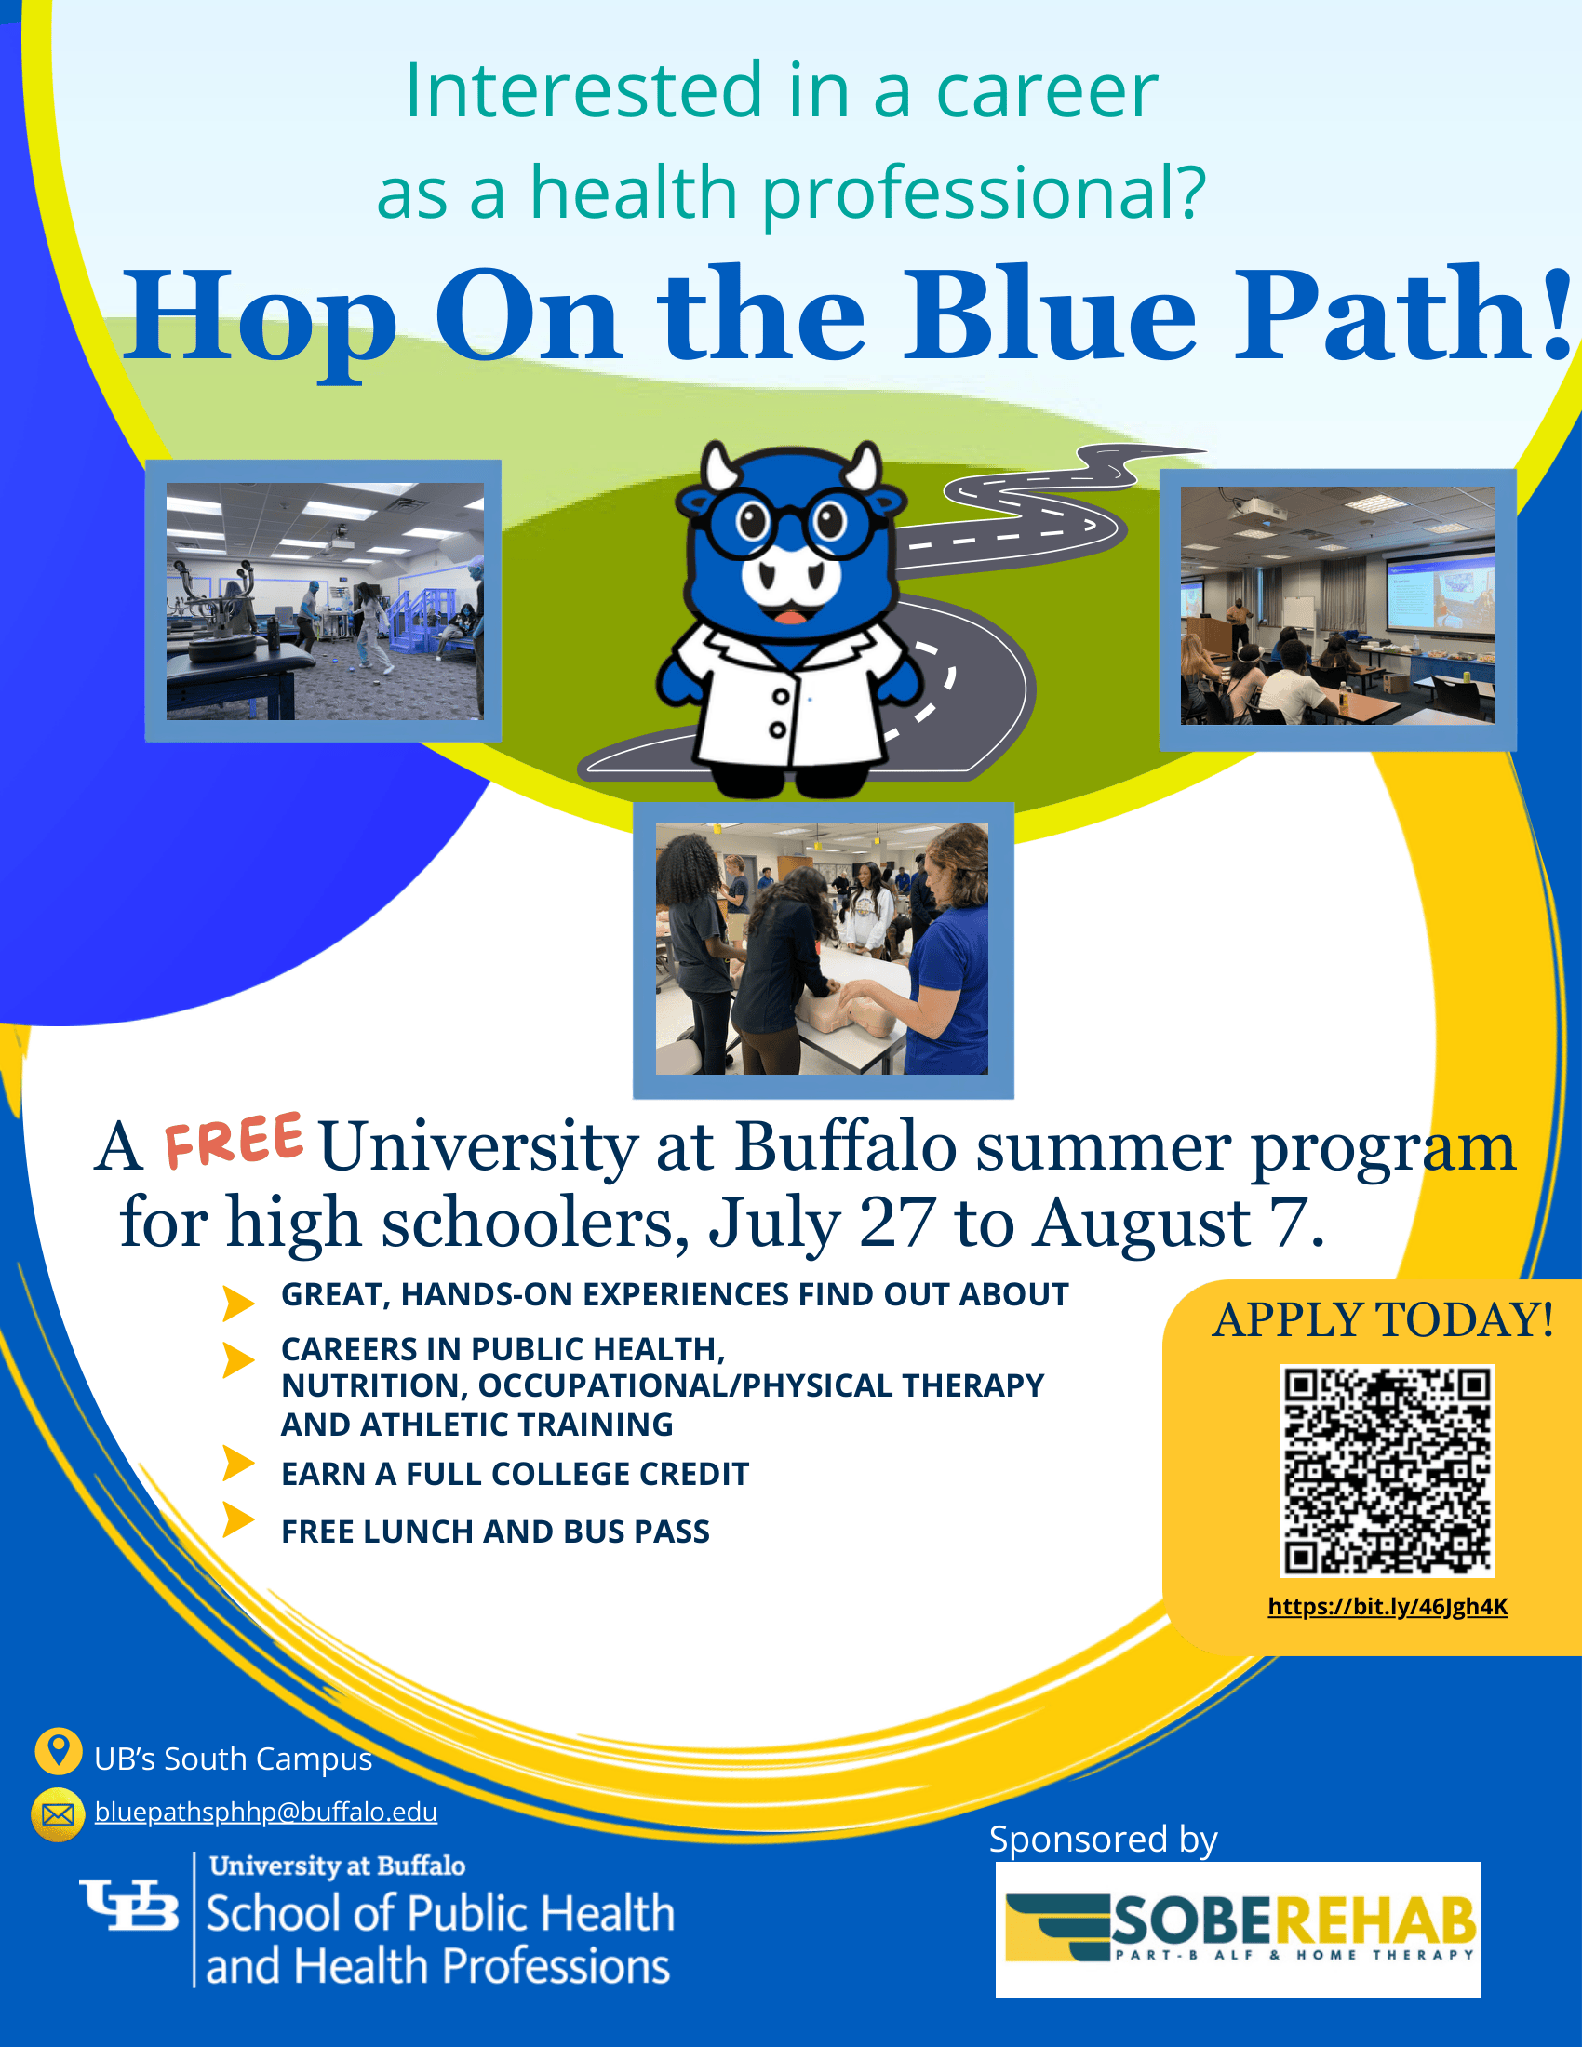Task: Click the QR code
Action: (1388, 1470)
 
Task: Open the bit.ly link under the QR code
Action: (1388, 1607)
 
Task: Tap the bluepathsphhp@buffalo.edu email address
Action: (266, 1812)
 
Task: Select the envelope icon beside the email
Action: (57, 1814)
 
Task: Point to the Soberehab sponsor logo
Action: (1237, 1929)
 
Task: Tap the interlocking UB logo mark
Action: (129, 1905)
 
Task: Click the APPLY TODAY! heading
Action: (1383, 1319)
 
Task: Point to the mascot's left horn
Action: (721, 467)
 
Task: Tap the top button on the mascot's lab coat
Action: (780, 697)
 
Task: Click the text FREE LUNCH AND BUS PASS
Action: (496, 1532)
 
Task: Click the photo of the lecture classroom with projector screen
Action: (1337, 609)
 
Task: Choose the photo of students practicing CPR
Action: (823, 949)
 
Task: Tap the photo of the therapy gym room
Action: (323, 601)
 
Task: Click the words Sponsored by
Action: (1103, 1840)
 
